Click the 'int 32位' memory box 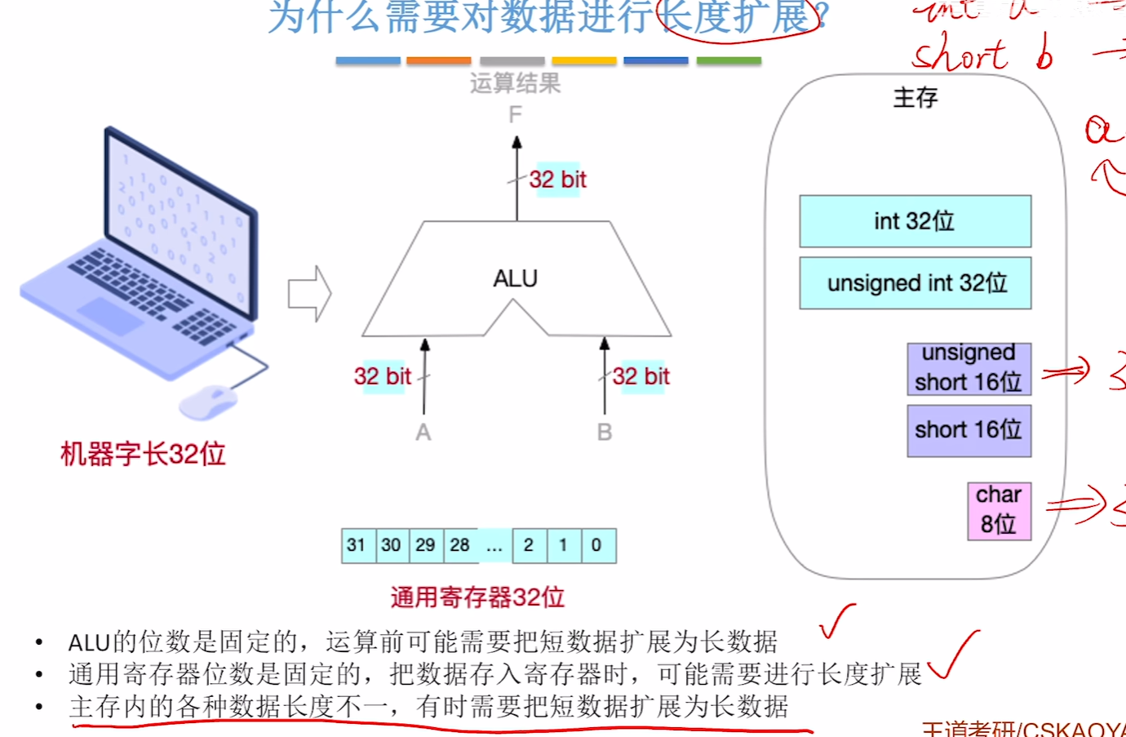(915, 221)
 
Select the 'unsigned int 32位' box (915, 283)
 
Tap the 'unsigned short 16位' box (969, 368)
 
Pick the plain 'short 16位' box (969, 430)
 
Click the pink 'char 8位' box (999, 510)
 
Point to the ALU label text (515, 278)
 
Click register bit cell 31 (357, 545)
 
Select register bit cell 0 (597, 545)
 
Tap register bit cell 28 (460, 545)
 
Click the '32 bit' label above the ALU (557, 180)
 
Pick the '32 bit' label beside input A (382, 376)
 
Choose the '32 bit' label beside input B (641, 376)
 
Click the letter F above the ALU (515, 115)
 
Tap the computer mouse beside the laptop (207, 402)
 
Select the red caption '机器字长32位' (143, 454)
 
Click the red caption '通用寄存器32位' (477, 597)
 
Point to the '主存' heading (915, 98)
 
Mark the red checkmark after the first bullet (836, 623)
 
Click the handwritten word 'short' (960, 55)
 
